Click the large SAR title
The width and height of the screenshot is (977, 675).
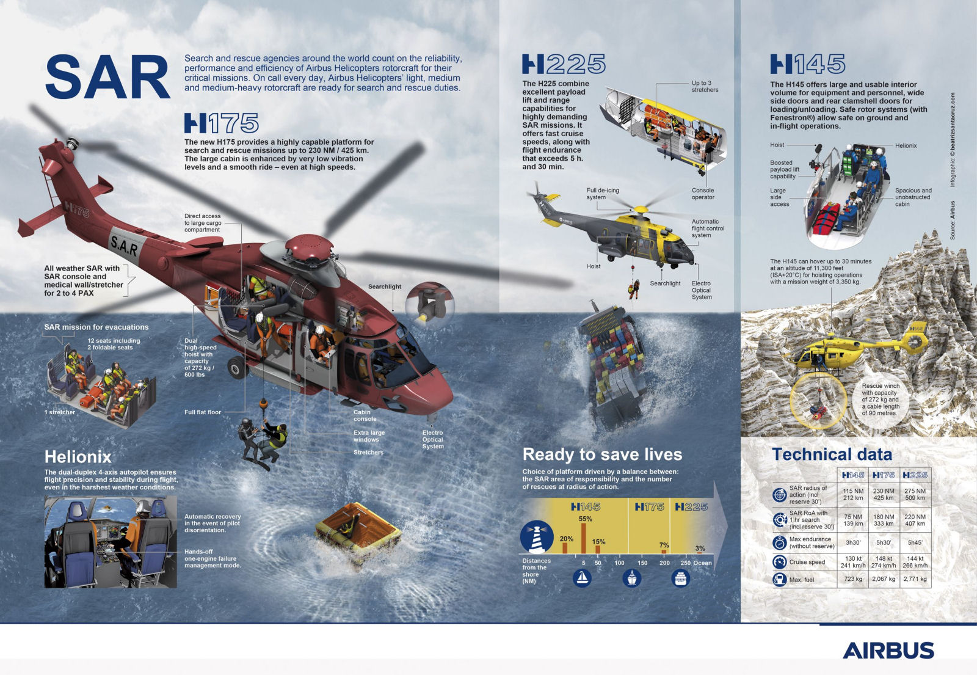pyautogui.click(x=107, y=76)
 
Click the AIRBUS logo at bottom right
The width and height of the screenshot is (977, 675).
pyautogui.click(x=888, y=650)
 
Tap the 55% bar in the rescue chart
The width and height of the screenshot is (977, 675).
pyautogui.click(x=584, y=538)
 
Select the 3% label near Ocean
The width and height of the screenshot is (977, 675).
pyautogui.click(x=700, y=548)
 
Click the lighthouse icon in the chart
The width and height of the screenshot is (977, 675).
pyautogui.click(x=537, y=537)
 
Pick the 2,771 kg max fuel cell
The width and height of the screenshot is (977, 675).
pyautogui.click(x=915, y=578)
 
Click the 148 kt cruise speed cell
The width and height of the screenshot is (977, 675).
pyautogui.click(x=884, y=562)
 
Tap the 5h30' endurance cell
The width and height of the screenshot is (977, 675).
pyautogui.click(x=884, y=542)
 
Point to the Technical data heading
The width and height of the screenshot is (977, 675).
pyautogui.click(x=832, y=454)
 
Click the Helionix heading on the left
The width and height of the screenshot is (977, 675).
pyautogui.click(x=78, y=457)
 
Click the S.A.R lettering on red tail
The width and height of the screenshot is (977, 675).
pyautogui.click(x=125, y=246)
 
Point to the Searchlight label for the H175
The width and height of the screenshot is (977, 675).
pyautogui.click(x=385, y=286)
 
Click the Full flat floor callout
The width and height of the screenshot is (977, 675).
pyautogui.click(x=203, y=412)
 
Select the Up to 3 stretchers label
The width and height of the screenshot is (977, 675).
pyautogui.click(x=705, y=86)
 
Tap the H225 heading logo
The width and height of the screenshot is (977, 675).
pyautogui.click(x=564, y=64)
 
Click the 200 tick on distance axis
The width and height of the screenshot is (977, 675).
pyautogui.click(x=664, y=563)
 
